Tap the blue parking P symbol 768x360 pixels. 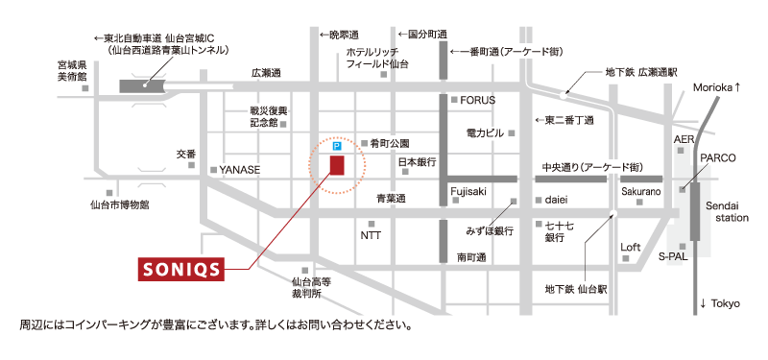pos(336,149)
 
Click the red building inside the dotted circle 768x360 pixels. pos(336,166)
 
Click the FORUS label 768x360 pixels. pos(478,100)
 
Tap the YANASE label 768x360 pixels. pos(240,170)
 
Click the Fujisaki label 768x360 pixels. pos(468,192)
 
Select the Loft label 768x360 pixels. pos(630,247)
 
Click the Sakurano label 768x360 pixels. pos(640,192)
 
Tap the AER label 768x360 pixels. pos(684,140)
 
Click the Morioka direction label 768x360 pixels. pos(716,87)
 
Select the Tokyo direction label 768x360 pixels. pos(721,303)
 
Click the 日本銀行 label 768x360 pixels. pos(419,161)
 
